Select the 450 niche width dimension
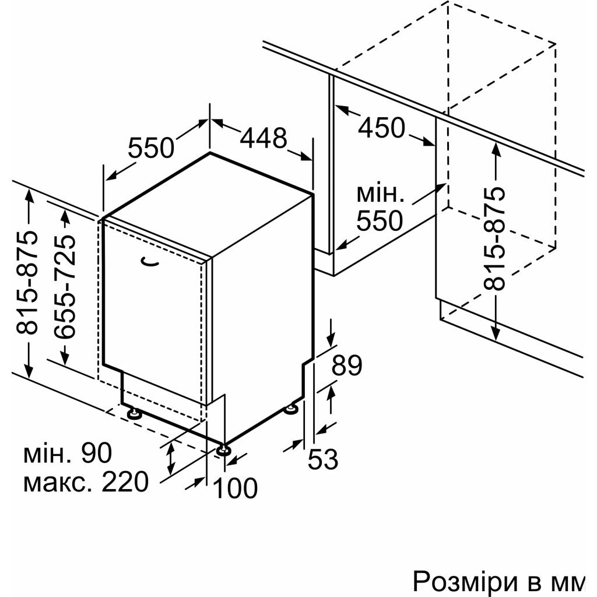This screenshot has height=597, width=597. click(382, 128)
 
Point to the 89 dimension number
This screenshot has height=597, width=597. click(346, 366)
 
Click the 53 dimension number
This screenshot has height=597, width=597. click(323, 459)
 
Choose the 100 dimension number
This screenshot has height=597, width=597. click(235, 488)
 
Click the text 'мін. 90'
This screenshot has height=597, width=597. click(68, 452)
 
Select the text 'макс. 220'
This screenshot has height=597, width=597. click(86, 482)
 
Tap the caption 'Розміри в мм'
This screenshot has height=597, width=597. click(498, 581)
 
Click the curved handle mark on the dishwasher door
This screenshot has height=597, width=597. click(150, 262)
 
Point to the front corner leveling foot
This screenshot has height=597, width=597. click(223, 449)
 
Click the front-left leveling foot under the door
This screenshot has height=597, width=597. click(134, 413)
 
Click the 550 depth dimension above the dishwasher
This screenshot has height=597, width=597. click(151, 148)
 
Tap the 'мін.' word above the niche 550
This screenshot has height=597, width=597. click(380, 194)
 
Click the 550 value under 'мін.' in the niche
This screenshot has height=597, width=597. click(380, 220)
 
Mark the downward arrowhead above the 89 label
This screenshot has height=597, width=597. click(332, 339)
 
